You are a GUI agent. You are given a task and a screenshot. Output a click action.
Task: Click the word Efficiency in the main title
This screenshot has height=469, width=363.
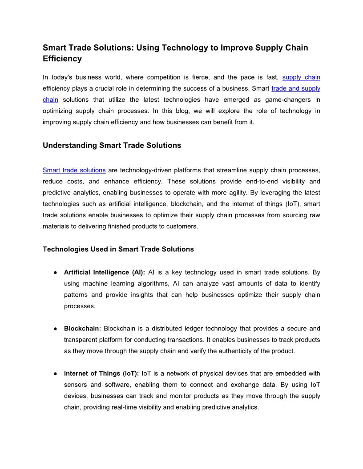point(62,59)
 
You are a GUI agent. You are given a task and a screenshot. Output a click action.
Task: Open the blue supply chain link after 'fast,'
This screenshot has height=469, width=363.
point(301,77)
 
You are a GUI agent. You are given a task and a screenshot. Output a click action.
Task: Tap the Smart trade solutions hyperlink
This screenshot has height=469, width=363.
point(74,170)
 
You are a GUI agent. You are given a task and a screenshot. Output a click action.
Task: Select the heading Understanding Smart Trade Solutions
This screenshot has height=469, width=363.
point(112,145)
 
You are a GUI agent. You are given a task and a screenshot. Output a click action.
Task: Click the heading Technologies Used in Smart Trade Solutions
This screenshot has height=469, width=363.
point(118,249)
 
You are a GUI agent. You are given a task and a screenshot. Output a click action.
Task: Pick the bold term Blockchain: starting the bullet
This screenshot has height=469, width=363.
point(83,329)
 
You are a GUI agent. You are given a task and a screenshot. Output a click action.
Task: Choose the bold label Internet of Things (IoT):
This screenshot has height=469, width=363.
point(101,374)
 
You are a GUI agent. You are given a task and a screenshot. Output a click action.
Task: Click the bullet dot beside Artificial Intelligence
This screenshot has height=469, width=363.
point(54,272)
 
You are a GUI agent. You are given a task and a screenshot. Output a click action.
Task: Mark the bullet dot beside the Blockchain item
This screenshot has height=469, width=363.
point(54,329)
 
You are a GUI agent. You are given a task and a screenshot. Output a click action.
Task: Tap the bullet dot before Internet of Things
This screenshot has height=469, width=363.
point(54,374)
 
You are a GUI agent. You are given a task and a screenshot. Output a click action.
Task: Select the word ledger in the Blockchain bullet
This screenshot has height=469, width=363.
point(186,329)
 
